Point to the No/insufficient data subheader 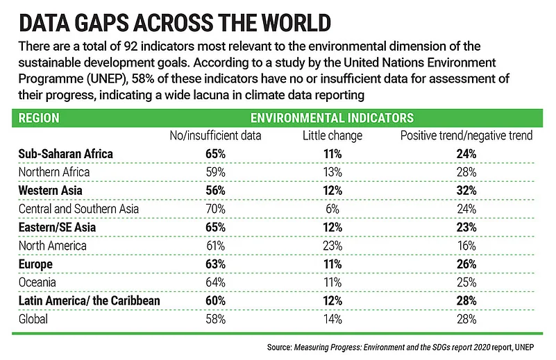pos(215,135)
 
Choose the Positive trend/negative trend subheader pos(466,135)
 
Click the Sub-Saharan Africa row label pos(66,153)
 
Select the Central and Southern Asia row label pos(79,209)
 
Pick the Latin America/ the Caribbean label pos(89,301)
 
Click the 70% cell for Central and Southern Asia pos(215,209)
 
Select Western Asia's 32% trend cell pos(466,190)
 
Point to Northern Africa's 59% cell pos(215,171)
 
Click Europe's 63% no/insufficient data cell pos(215,264)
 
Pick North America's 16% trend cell pos(466,246)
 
